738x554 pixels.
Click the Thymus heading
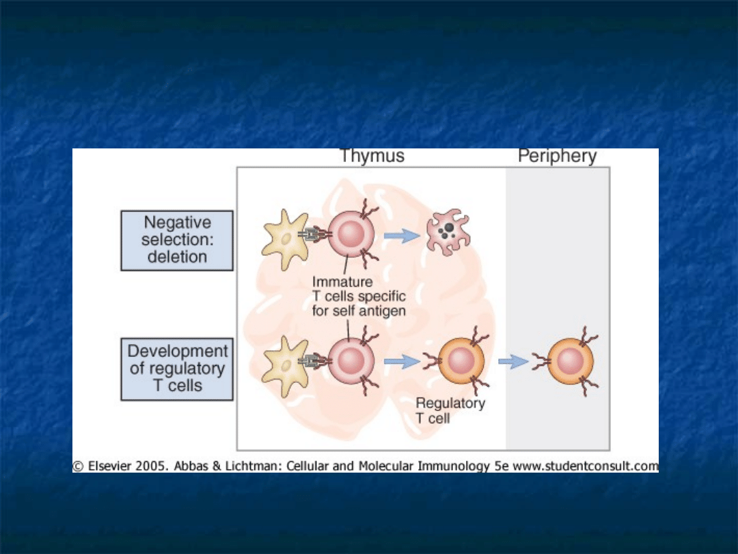(x=372, y=156)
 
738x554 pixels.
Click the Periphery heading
(x=557, y=156)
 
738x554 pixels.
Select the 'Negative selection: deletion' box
(x=177, y=240)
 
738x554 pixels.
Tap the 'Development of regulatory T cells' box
(x=177, y=369)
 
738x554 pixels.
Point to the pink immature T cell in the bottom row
(x=351, y=361)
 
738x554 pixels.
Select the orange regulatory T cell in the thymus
(x=461, y=361)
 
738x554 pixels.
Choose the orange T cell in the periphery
(x=569, y=361)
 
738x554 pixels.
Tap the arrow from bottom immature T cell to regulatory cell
(x=402, y=362)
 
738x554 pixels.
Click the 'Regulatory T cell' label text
(x=450, y=410)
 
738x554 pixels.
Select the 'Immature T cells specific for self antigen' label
(x=358, y=297)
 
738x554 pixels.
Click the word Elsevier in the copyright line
(x=111, y=466)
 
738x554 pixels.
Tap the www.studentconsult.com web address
(x=585, y=466)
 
